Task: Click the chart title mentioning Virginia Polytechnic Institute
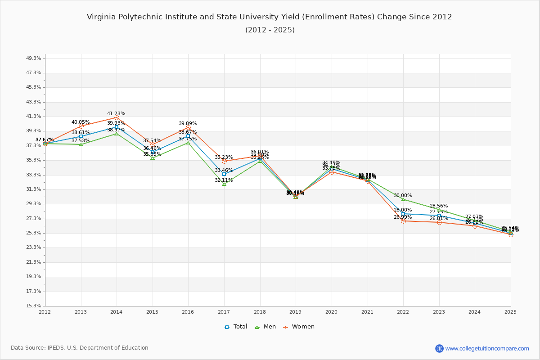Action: click(269, 17)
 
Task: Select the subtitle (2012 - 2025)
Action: click(270, 30)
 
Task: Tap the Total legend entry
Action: click(236, 327)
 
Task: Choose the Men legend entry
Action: click(265, 327)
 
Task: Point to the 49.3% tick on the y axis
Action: click(34, 58)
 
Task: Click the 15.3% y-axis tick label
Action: click(34, 306)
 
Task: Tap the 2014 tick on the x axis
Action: click(117, 311)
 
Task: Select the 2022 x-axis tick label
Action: click(403, 311)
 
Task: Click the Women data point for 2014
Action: click(117, 117)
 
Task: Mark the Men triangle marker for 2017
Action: click(224, 184)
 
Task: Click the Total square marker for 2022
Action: click(403, 214)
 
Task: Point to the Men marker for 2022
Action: click(403, 199)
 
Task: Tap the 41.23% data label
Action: click(116, 114)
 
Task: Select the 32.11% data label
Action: click(224, 180)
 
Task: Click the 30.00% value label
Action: click(403, 196)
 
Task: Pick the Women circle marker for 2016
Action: click(188, 127)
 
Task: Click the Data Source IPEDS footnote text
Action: click(80, 348)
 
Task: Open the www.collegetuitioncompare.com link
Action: click(487, 348)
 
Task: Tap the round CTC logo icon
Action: click(439, 348)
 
